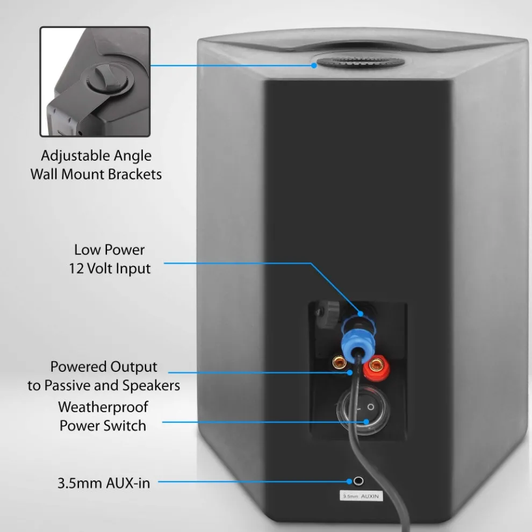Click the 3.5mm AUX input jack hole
358,481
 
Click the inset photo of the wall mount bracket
95,82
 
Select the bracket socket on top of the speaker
360,62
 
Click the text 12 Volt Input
110,268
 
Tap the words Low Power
110,249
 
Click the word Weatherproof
103,407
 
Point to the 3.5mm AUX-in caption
104,483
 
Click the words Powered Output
104,367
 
